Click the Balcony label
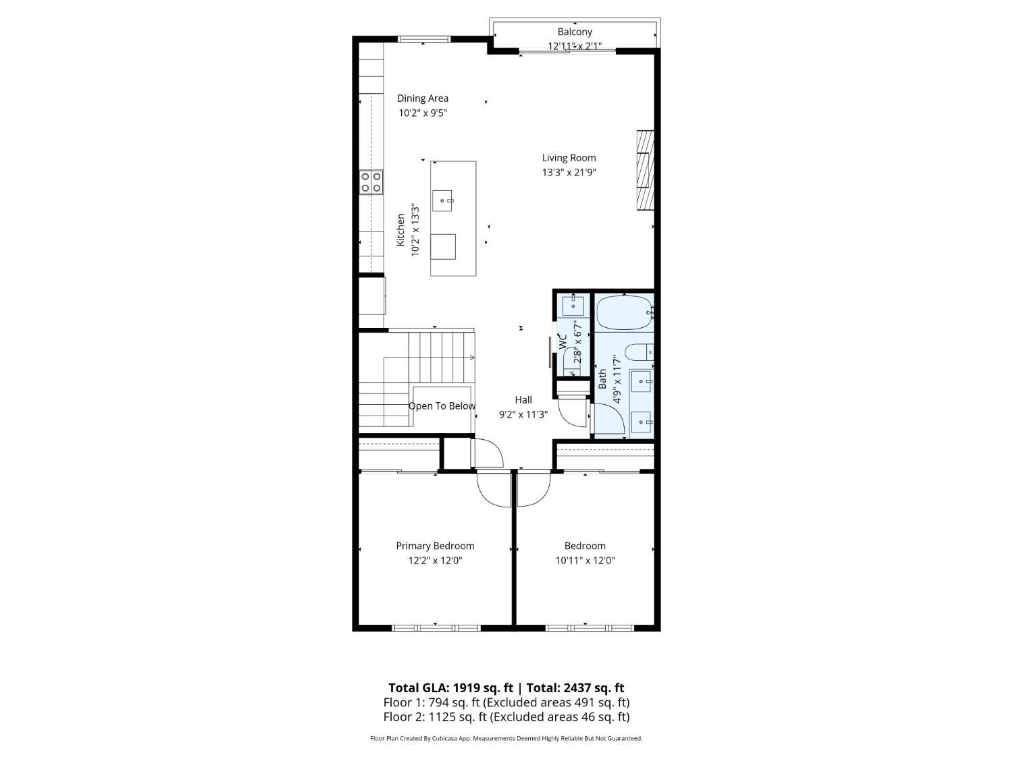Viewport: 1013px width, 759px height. [x=575, y=32]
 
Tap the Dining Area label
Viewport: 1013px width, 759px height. [x=423, y=98]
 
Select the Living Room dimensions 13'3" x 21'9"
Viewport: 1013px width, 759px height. [x=569, y=172]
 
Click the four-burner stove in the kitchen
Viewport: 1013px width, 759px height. [x=371, y=181]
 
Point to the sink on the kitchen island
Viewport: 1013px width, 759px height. [x=442, y=201]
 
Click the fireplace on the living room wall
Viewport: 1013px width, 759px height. [x=645, y=171]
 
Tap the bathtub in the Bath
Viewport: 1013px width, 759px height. [x=625, y=312]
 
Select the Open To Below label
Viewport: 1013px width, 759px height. [x=442, y=406]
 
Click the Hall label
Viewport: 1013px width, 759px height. [x=523, y=400]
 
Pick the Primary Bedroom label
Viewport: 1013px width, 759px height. [x=435, y=546]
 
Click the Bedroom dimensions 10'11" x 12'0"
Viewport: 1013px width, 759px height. [x=586, y=561]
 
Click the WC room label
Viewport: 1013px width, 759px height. [x=563, y=341]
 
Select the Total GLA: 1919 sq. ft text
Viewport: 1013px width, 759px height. [x=450, y=688]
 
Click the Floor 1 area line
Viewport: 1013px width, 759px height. [x=506, y=703]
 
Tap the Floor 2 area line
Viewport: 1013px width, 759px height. [x=506, y=717]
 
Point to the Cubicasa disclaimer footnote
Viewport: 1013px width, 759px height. [x=506, y=738]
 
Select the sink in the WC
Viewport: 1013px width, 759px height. [x=573, y=306]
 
